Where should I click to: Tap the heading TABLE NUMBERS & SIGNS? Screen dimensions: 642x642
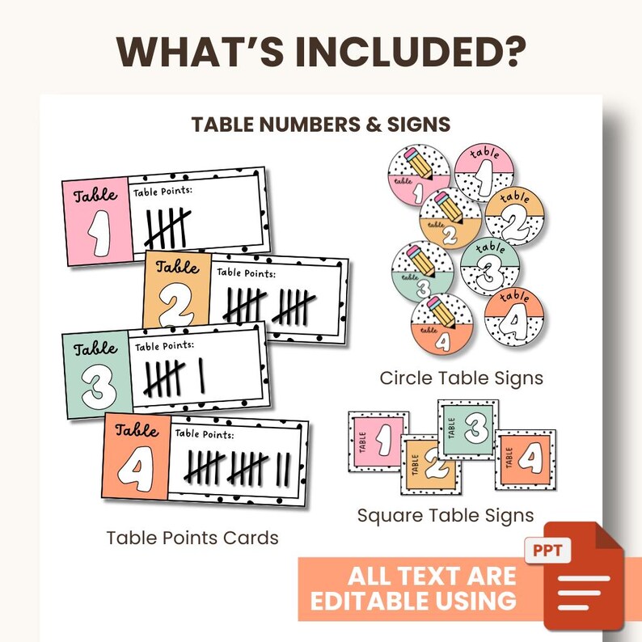click(321, 125)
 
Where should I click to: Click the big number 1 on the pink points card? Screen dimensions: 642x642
click(96, 233)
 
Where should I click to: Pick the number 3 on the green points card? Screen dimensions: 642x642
click(96, 388)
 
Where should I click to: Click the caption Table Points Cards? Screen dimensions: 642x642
click(192, 538)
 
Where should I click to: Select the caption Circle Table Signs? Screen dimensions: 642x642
click(462, 378)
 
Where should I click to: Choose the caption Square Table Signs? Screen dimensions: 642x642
click(446, 515)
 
